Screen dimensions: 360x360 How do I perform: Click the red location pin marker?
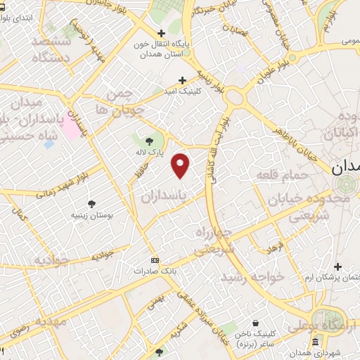click(181, 166)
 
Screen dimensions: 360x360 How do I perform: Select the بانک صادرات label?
click(155, 270)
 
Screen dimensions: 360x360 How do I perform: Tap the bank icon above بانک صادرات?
click(155, 259)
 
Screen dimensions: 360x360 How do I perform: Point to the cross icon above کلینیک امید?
click(184, 80)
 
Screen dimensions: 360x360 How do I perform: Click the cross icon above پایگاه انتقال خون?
click(162, 33)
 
